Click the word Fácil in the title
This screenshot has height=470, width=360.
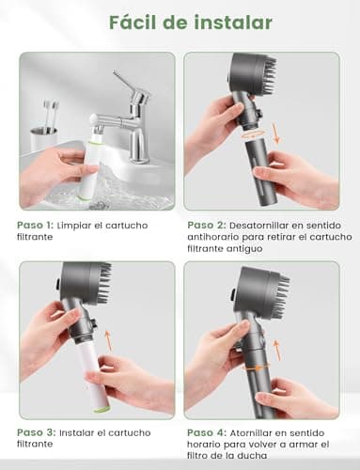[x=132, y=22]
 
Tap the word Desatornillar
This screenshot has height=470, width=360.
[x=271, y=226]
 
